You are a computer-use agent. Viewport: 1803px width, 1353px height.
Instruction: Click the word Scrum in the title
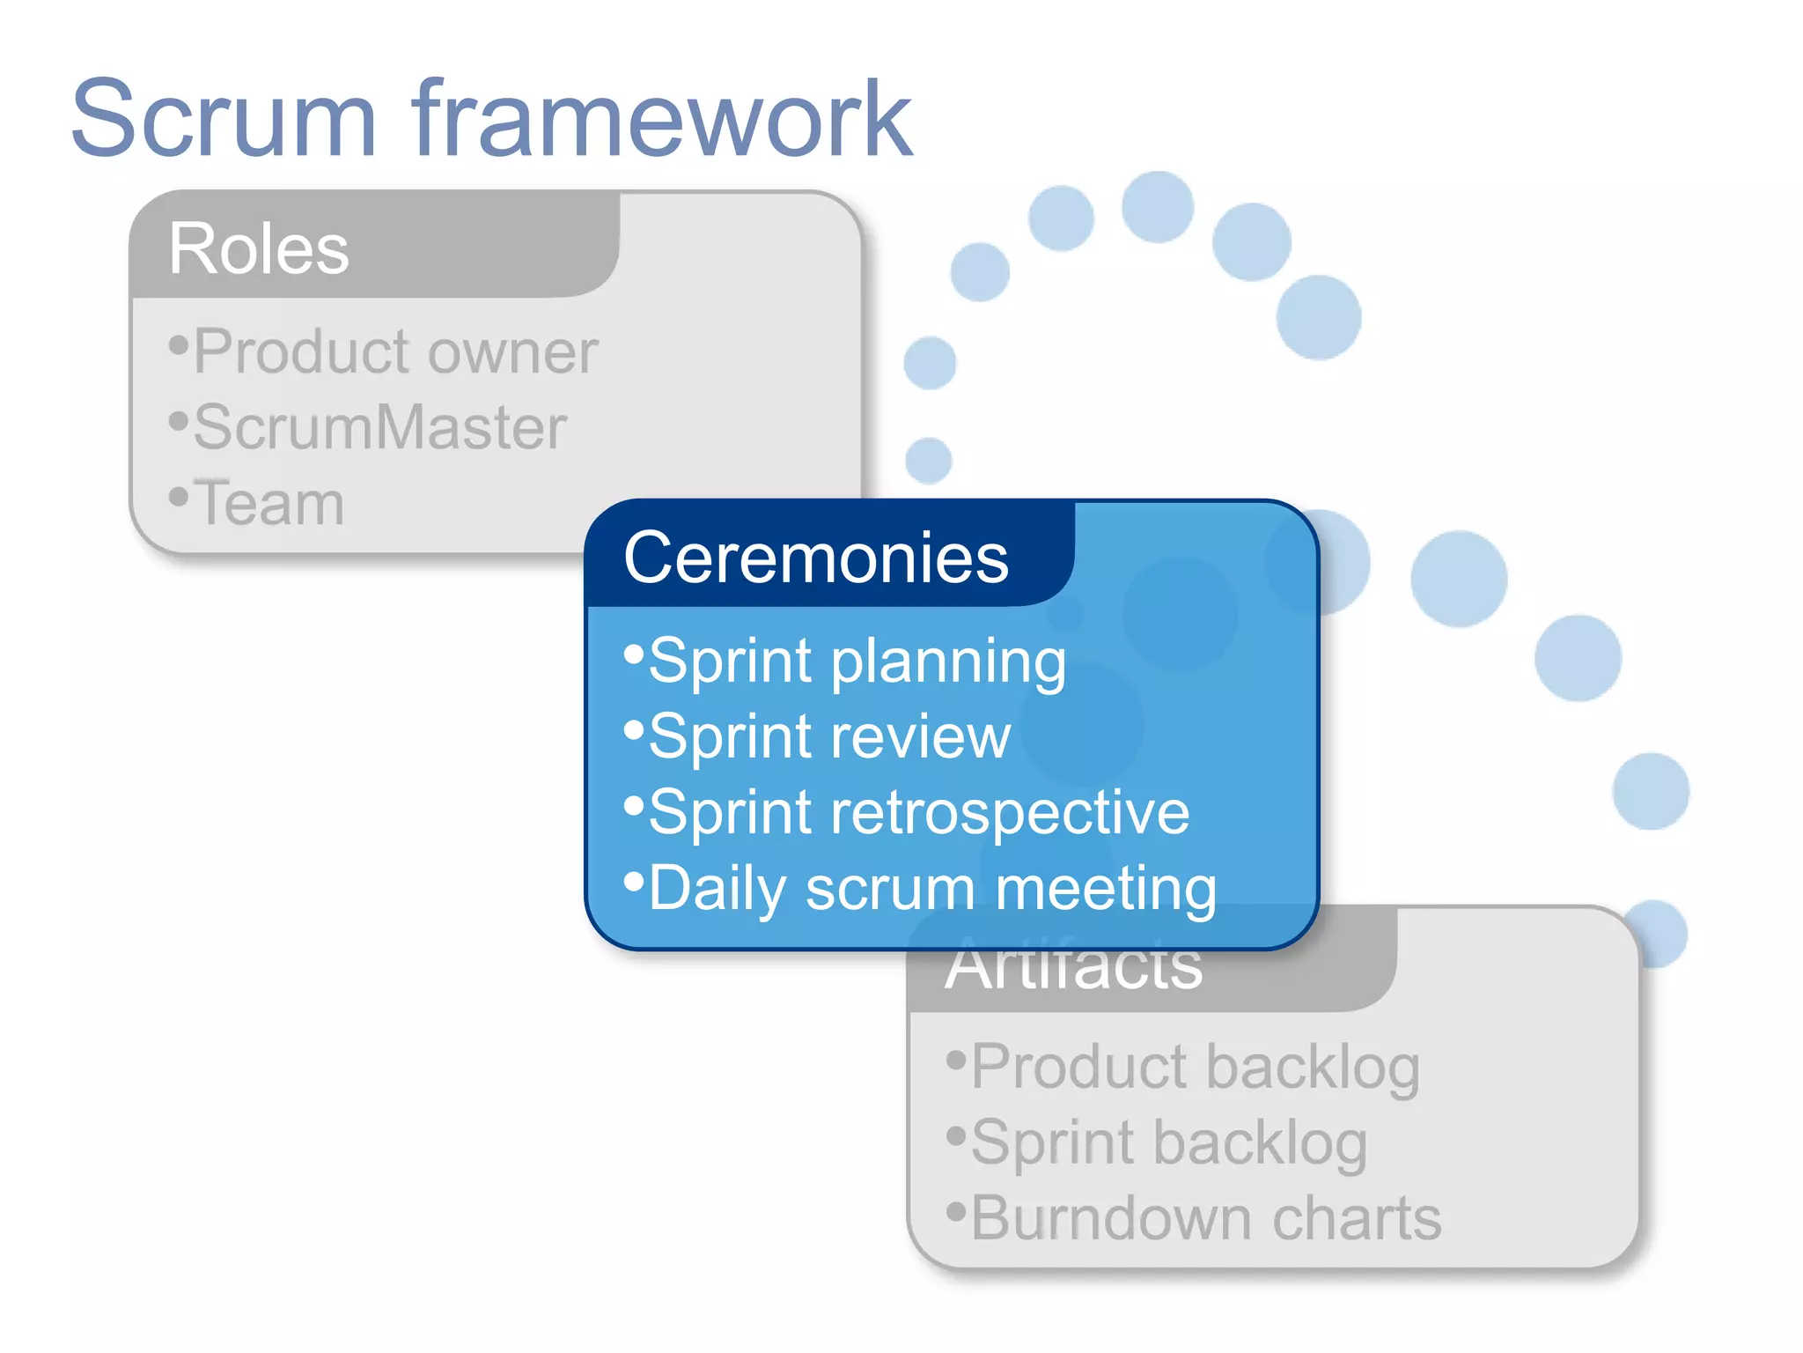224,119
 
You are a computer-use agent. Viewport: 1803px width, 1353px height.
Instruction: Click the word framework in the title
660,119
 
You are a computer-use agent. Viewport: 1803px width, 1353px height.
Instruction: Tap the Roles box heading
258,249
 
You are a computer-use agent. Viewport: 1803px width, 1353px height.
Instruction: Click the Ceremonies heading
815,558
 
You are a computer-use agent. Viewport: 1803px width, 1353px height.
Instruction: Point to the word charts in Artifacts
1356,1219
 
